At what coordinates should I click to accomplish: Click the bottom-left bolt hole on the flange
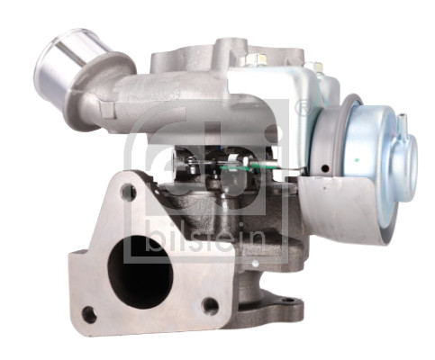click(x=89, y=314)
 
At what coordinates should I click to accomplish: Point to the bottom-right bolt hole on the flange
click(x=210, y=305)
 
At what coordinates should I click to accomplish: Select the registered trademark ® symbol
click(x=303, y=107)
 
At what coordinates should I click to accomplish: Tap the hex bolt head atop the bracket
click(x=255, y=59)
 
